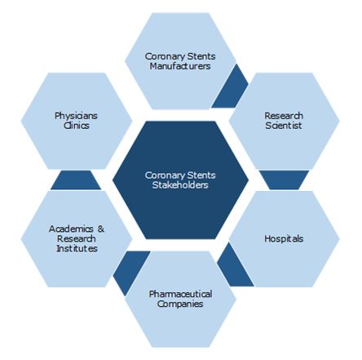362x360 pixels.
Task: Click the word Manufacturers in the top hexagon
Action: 180,66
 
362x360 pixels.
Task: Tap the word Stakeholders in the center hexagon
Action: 180,185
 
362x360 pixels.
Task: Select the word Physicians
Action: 76,116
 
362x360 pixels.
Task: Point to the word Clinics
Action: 77,126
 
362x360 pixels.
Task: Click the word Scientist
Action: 284,126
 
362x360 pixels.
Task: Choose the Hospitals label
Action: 284,238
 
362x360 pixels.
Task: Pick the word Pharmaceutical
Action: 180,294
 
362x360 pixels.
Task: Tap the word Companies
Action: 180,304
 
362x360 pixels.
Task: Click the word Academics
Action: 71,229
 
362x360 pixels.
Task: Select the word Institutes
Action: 77,248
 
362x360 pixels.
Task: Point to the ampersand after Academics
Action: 101,229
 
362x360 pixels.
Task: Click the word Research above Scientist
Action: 284,116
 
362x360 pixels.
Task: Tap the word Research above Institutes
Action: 77,238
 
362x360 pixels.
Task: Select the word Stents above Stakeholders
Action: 200,176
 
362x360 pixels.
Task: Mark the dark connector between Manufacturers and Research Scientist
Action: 230,87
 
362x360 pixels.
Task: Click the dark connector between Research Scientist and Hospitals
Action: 285,180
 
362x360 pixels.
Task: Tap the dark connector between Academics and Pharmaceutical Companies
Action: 130,272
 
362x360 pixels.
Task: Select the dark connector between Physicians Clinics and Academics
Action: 76,180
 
